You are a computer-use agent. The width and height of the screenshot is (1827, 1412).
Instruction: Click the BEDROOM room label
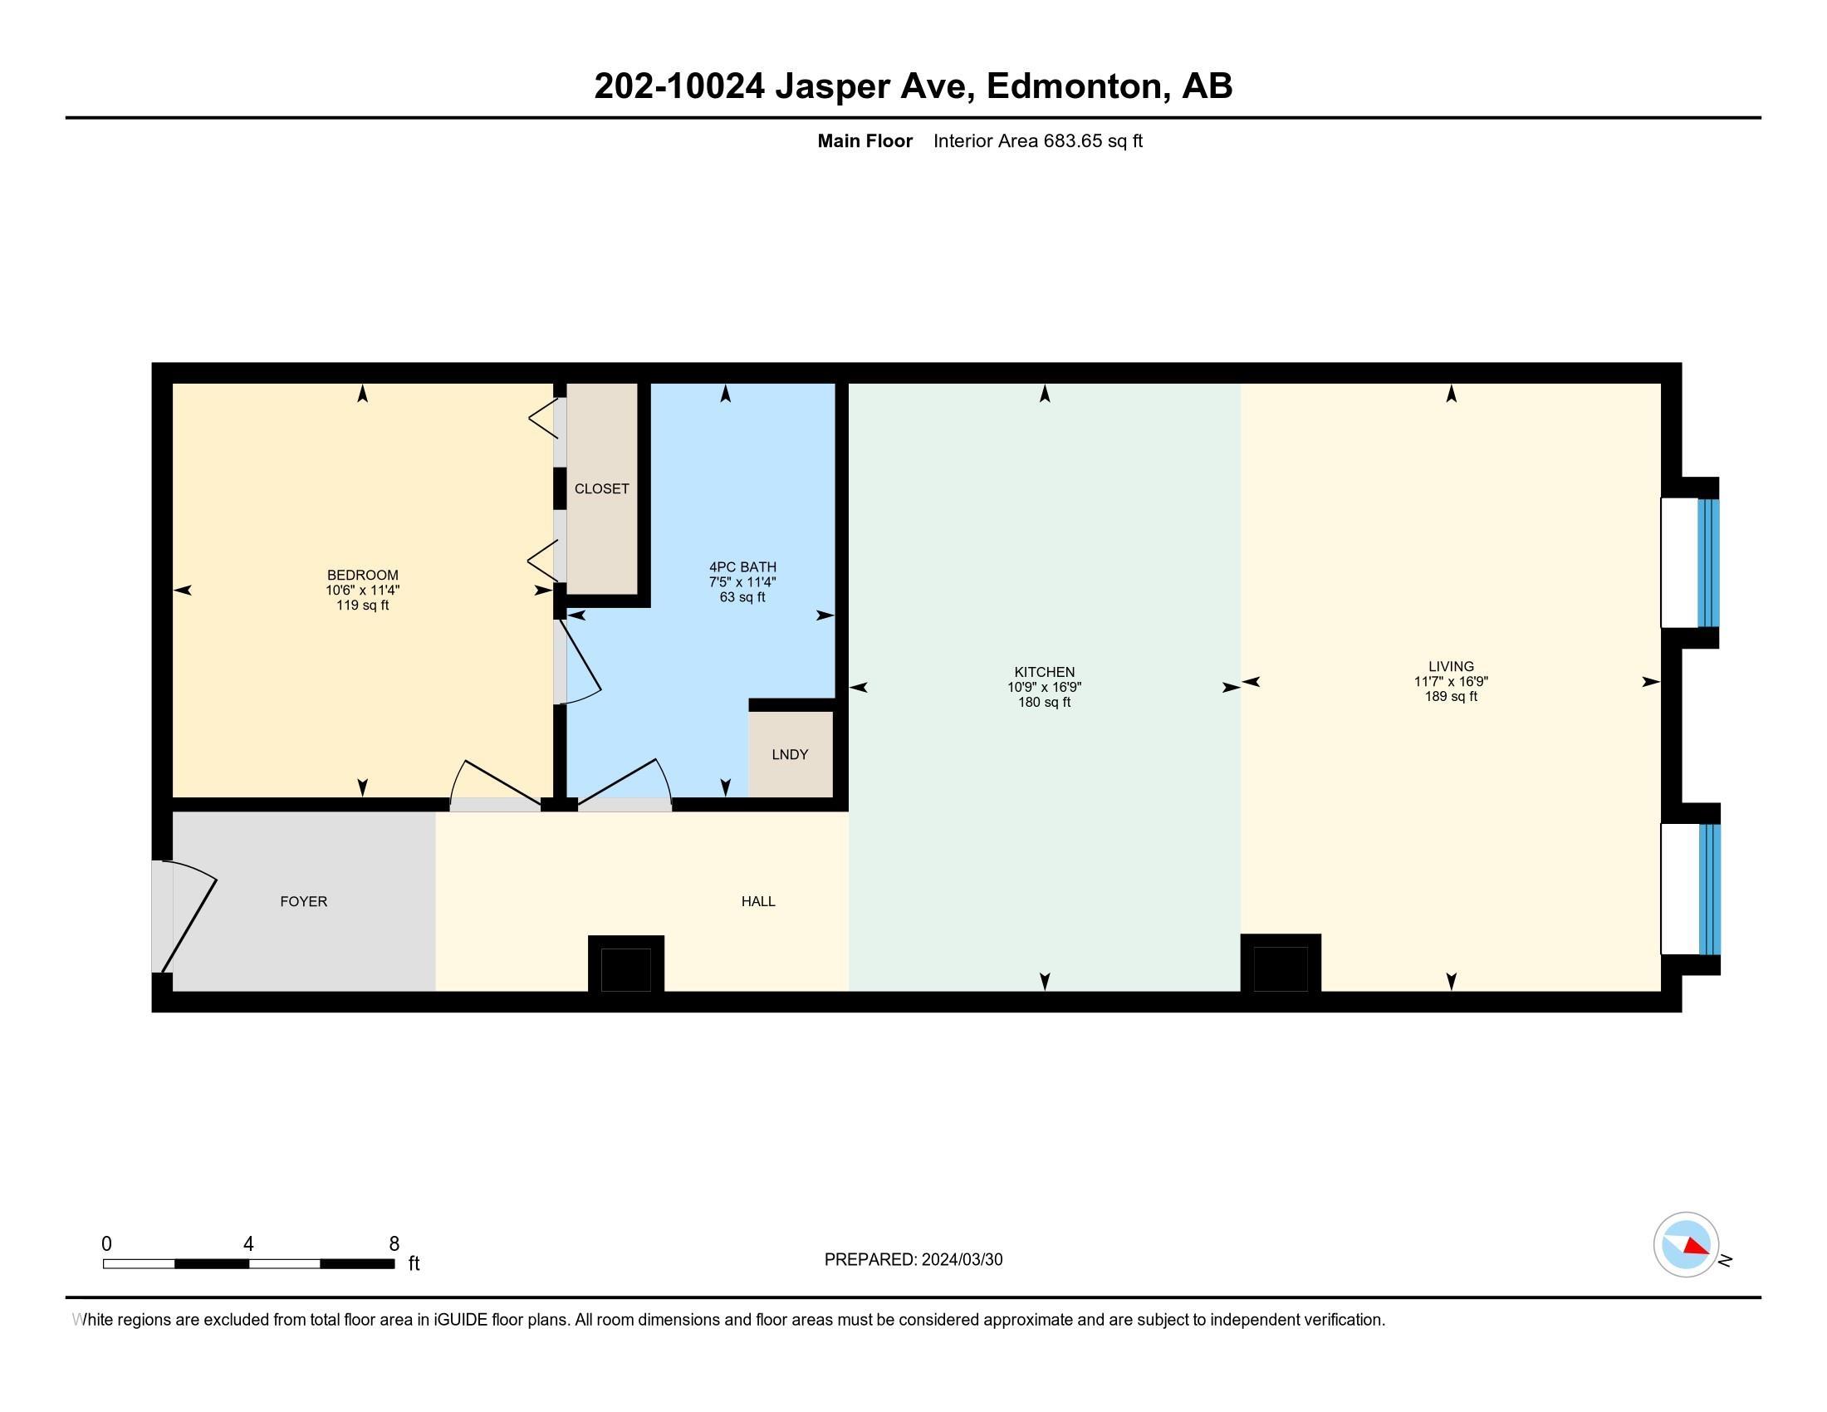pyautogui.click(x=362, y=575)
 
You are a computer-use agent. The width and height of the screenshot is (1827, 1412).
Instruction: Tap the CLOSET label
pyautogui.click(x=601, y=488)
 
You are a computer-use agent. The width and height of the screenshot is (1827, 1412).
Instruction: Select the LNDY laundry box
pyautogui.click(x=790, y=754)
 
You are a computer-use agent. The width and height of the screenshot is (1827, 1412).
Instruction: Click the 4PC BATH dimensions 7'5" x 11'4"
pyautogui.click(x=742, y=582)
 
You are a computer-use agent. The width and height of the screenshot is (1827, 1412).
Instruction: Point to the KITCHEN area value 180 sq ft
pyautogui.click(x=1044, y=703)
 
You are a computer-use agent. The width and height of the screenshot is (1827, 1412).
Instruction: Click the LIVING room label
pyautogui.click(x=1451, y=667)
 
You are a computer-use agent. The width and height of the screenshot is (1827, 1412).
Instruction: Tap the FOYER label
pyautogui.click(x=304, y=902)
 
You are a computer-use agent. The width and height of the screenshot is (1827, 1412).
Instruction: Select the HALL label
pyautogui.click(x=758, y=902)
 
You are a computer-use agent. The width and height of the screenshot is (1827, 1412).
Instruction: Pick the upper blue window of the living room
pyautogui.click(x=1707, y=563)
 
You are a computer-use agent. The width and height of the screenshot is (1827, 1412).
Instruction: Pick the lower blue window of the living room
pyautogui.click(x=1709, y=889)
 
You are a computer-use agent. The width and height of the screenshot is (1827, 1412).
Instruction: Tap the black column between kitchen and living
pyautogui.click(x=1280, y=965)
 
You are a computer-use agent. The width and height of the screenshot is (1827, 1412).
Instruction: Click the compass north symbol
pyautogui.click(x=1686, y=1245)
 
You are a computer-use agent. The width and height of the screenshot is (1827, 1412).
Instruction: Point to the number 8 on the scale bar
pyautogui.click(x=394, y=1244)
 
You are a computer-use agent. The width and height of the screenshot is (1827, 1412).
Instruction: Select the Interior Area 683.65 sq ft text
pyautogui.click(x=1037, y=141)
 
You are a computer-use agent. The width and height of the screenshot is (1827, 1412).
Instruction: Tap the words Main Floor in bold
pyautogui.click(x=865, y=141)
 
